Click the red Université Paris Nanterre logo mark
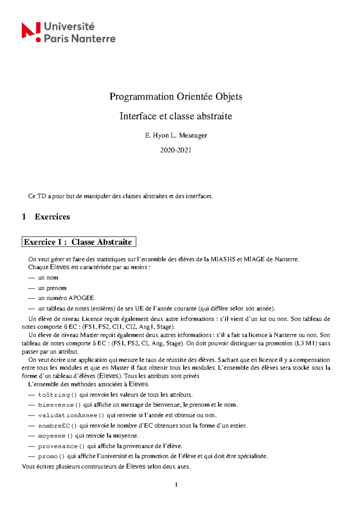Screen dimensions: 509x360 coord(31,32)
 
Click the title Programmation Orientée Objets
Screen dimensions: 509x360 coord(176,97)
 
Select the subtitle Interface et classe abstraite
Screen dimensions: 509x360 coord(176,116)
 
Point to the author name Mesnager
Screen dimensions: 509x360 coord(193,135)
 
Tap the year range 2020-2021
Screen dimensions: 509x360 coord(176,150)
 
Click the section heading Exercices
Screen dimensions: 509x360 coord(52,217)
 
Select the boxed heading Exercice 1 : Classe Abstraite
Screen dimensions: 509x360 coord(79,242)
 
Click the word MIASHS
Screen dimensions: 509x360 coord(223,259)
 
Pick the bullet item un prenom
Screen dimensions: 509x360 coord(52,288)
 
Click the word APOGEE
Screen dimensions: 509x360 coord(81,298)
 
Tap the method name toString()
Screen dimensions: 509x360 coord(58,395)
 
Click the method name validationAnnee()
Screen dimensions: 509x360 coord(71,416)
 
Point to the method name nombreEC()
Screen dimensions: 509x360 coord(58,426)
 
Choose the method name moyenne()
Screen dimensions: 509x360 coord(55,436)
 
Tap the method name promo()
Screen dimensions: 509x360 coord(51,456)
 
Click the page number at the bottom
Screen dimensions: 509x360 coord(176,485)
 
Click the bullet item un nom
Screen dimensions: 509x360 coord(48,278)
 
